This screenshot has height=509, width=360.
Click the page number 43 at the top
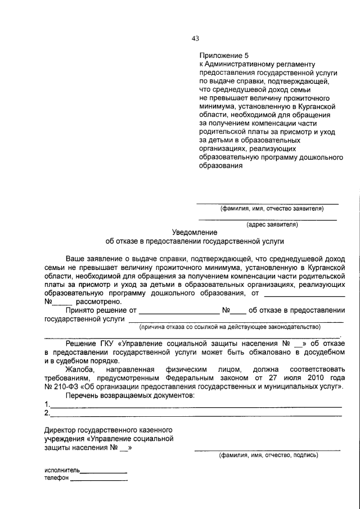tap(195, 38)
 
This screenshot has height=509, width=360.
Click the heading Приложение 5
tap(223, 56)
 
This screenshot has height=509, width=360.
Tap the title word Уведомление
tap(195, 232)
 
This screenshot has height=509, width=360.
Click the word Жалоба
tap(80, 370)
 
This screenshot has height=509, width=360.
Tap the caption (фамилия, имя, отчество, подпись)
tap(268, 455)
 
